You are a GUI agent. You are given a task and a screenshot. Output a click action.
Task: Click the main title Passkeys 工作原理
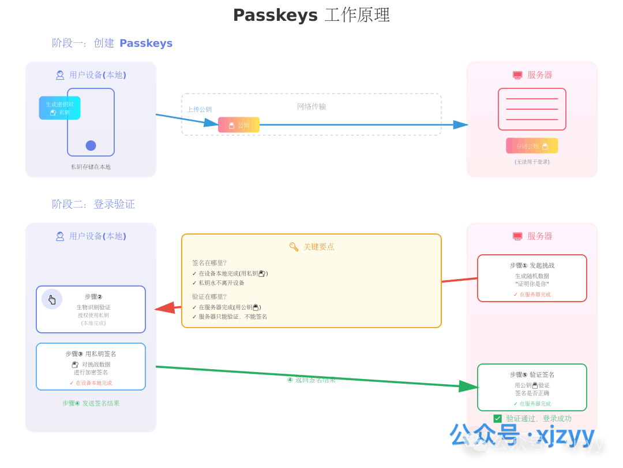311,15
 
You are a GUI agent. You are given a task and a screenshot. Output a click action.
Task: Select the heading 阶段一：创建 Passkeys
112,43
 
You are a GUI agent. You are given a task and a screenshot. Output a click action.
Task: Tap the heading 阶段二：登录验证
93,204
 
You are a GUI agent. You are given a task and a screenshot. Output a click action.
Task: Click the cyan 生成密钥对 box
60,108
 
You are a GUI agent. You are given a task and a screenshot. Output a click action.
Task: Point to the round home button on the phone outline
91,146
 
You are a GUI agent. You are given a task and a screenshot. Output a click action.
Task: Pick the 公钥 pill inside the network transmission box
239,125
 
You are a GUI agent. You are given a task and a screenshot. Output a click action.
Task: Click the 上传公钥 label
199,109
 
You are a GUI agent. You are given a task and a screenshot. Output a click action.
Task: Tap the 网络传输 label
311,106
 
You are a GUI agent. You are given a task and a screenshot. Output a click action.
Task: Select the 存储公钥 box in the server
532,146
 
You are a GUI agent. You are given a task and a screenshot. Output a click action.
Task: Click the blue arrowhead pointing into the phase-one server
460,125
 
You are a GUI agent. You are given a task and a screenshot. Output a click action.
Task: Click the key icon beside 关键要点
294,247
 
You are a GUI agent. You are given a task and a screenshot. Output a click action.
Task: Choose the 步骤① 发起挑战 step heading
532,265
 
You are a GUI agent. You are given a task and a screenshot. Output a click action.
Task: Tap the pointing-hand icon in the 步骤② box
52,299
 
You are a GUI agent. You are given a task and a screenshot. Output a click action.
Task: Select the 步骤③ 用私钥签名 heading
91,354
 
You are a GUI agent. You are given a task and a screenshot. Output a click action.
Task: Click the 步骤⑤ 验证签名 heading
532,374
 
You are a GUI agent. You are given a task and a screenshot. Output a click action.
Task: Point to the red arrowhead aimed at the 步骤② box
166,309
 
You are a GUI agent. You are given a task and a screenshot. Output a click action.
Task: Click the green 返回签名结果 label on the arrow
311,380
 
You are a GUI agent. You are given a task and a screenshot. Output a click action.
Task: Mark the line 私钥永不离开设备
222,283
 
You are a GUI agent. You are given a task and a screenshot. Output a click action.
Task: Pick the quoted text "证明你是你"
532,284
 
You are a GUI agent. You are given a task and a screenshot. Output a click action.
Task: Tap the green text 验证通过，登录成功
538,418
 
